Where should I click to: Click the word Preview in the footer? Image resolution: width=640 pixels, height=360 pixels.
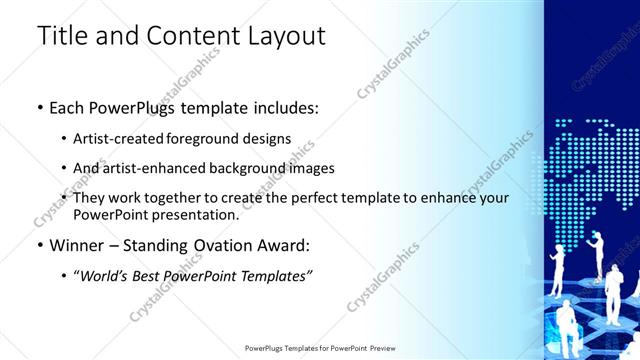378,348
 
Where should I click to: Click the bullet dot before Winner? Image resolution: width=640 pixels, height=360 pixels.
40,246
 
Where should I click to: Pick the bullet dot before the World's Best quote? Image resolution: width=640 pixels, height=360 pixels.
65,276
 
